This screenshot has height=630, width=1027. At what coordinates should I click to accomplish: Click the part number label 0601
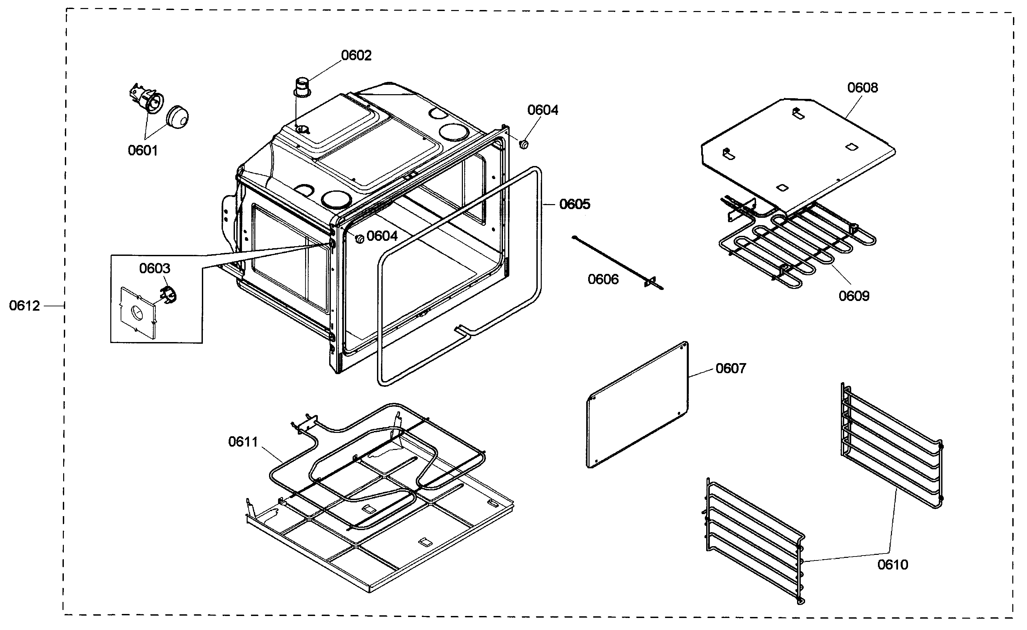(x=143, y=150)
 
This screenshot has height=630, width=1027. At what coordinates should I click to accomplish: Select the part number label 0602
(x=356, y=55)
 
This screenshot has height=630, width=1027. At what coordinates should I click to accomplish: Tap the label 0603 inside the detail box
(x=155, y=268)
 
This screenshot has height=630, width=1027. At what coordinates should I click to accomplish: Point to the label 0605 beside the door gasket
(x=574, y=204)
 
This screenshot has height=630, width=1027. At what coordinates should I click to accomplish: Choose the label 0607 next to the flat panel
(x=730, y=368)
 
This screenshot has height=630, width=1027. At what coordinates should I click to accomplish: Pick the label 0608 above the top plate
(x=862, y=88)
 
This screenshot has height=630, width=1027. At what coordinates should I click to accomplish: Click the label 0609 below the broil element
(x=854, y=296)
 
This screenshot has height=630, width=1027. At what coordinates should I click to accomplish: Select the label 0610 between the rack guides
(x=892, y=565)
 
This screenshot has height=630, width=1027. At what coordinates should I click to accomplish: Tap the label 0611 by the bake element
(x=243, y=442)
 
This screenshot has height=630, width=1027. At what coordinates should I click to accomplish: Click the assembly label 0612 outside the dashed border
(x=24, y=306)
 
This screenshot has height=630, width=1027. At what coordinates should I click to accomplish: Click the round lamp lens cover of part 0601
(x=177, y=117)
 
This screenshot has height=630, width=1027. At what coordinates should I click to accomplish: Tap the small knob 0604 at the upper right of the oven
(x=524, y=144)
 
